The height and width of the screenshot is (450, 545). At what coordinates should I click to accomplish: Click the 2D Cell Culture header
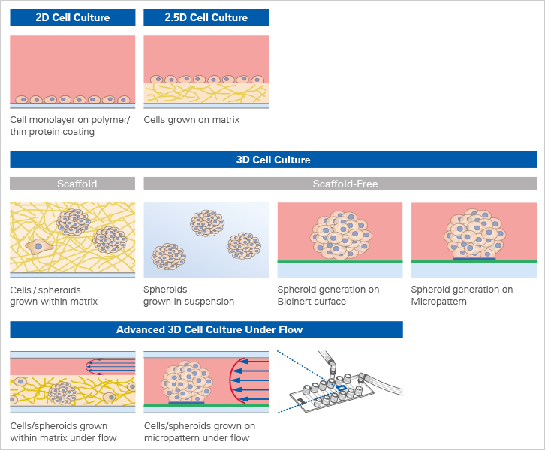(x=73, y=17)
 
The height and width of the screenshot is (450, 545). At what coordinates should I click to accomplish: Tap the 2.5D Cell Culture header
(x=206, y=17)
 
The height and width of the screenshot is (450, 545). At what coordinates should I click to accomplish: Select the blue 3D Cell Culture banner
(x=273, y=160)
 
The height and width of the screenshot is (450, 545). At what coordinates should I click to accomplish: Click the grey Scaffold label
(x=73, y=184)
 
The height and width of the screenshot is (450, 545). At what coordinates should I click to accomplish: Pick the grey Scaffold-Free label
(x=340, y=184)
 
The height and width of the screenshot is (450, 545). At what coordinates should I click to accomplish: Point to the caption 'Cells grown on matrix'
(x=191, y=120)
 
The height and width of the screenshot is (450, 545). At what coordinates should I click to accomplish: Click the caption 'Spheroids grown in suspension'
(x=188, y=295)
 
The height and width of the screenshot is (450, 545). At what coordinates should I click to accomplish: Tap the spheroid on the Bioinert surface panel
(x=340, y=233)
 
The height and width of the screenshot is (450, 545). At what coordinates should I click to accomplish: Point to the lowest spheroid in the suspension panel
(x=169, y=255)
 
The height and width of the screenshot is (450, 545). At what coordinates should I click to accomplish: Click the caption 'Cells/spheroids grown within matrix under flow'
(x=63, y=432)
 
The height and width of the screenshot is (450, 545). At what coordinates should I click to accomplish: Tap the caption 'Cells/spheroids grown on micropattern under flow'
(x=199, y=432)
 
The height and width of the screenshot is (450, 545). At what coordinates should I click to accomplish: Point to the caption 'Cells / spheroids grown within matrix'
(x=53, y=295)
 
